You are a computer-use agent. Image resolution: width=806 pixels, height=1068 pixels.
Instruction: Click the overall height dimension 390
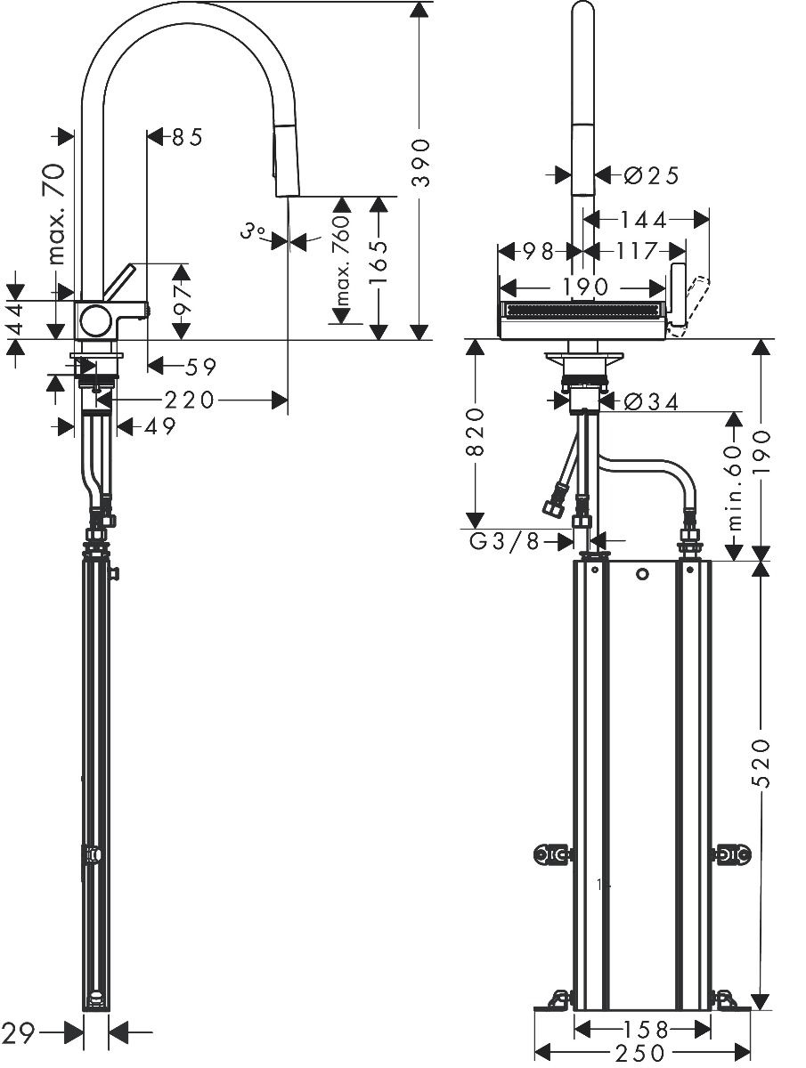421,163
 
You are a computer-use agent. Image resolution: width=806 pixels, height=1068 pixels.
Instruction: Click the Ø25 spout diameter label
651,175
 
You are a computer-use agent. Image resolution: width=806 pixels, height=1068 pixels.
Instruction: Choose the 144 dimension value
643,221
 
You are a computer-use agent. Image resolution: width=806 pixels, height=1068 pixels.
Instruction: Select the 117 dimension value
635,252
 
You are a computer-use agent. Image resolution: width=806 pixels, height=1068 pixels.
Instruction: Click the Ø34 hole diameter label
651,402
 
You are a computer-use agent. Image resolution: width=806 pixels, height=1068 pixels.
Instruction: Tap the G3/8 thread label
505,540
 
